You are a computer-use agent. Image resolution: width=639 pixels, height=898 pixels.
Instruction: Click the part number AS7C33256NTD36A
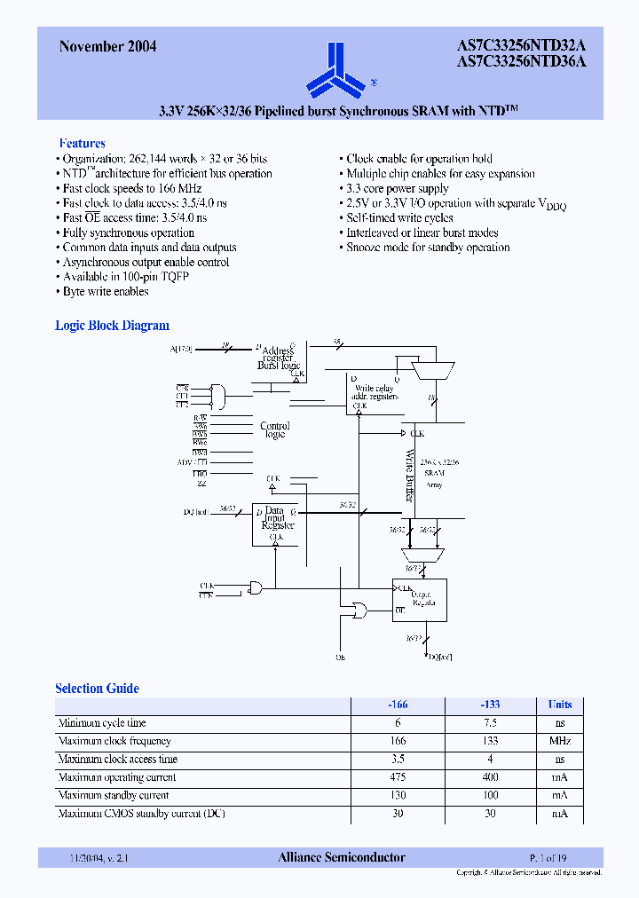522,62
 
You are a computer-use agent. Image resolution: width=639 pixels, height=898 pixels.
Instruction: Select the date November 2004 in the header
107,47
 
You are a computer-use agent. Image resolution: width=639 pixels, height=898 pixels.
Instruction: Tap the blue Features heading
82,143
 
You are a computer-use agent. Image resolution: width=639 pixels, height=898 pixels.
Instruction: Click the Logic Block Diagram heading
112,326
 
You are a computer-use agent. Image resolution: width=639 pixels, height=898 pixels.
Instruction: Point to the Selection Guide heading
97,689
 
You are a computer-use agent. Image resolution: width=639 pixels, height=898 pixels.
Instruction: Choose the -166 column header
398,705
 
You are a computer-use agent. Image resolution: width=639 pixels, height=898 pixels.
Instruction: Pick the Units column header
559,705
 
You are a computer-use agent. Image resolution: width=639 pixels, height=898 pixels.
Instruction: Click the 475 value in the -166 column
398,777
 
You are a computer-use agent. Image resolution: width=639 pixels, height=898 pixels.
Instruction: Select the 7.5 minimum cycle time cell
490,723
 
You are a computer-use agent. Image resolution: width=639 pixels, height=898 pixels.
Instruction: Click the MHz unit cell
559,741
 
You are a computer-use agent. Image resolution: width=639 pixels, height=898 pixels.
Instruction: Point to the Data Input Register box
276,524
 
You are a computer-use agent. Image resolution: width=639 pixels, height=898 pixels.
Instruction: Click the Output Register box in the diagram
420,600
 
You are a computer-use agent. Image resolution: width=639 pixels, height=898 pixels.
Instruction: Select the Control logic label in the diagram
274,429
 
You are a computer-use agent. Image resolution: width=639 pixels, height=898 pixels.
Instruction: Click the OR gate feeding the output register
360,610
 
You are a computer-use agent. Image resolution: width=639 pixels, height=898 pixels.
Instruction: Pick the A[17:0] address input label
180,349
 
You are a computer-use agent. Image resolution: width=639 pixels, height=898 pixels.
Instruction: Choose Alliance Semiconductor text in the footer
342,857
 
